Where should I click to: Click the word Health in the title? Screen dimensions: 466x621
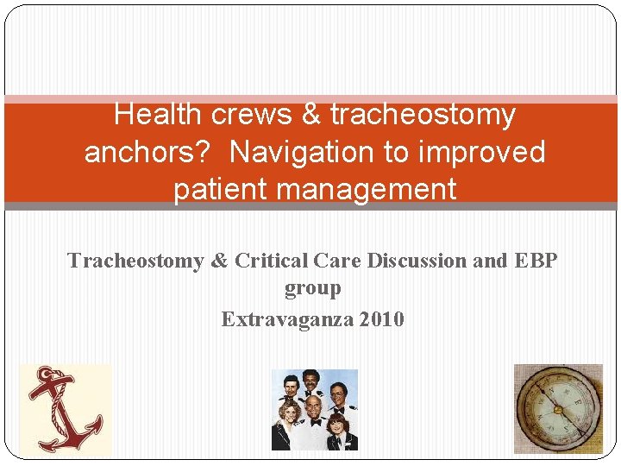pos(156,114)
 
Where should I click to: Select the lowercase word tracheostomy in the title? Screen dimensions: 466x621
pos(423,114)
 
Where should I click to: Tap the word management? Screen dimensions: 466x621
pos(367,189)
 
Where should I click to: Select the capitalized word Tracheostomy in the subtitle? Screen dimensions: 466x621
pos(135,261)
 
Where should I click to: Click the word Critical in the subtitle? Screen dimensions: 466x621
pos(266,261)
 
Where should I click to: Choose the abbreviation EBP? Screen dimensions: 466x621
pos(535,261)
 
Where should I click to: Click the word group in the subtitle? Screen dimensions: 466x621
pos(312,288)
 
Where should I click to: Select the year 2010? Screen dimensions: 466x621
pos(381,319)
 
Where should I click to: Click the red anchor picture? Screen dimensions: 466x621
pos(66,409)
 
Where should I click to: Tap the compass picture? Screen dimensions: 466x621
pos(558,409)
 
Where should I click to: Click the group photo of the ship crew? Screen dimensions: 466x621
pos(314,410)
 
